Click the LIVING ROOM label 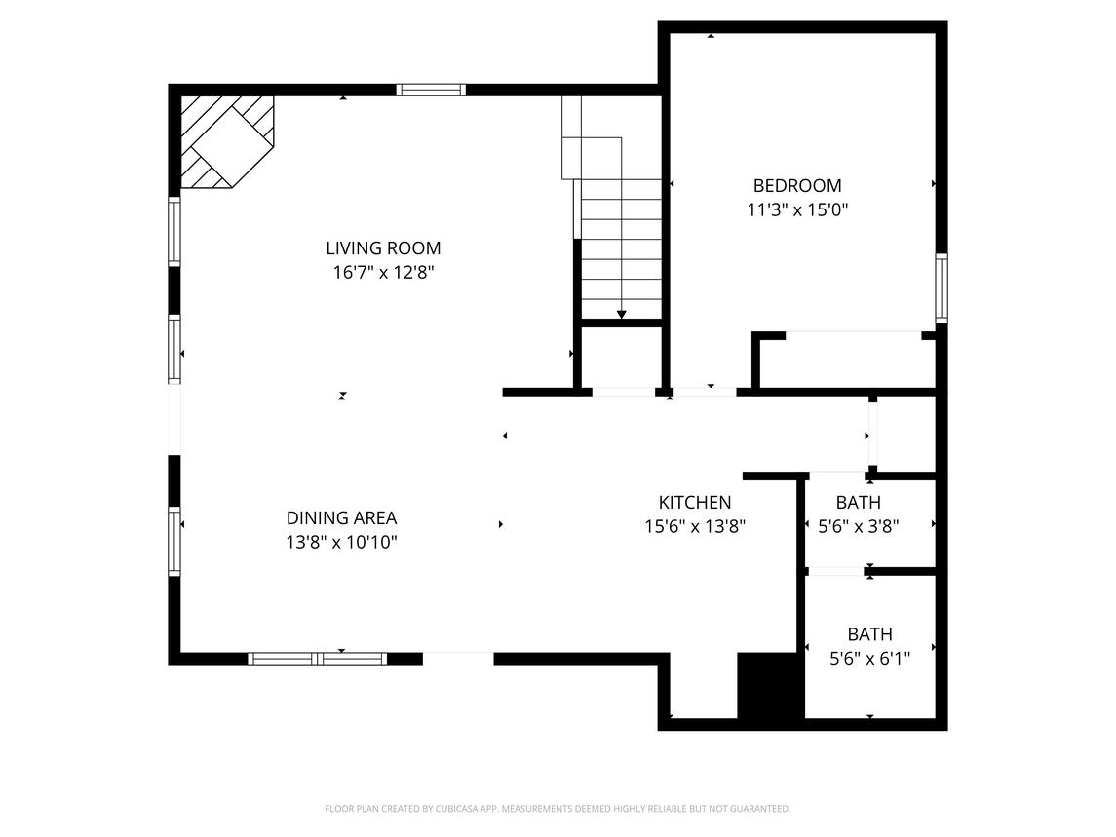point(383,248)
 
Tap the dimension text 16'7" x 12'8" point(383,273)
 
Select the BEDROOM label point(796,185)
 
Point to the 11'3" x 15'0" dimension point(796,209)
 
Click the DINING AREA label point(341,518)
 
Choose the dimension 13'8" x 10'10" point(341,543)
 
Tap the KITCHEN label point(694,503)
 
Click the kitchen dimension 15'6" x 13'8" point(694,527)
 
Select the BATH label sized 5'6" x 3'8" point(858,503)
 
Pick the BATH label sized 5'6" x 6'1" point(869,634)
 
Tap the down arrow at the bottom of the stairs point(621,313)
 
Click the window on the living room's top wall point(430,90)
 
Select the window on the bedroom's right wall point(942,287)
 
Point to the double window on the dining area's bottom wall point(318,659)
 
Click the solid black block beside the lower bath point(769,687)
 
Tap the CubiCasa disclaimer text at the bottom point(558,809)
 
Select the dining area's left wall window point(174,541)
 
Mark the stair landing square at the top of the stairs point(592,158)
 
